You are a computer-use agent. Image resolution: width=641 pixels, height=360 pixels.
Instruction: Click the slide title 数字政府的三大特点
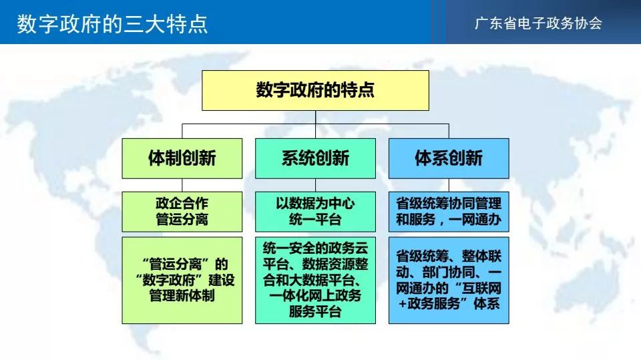[x=112, y=24]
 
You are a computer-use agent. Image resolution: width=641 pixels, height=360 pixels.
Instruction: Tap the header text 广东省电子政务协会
[x=538, y=23]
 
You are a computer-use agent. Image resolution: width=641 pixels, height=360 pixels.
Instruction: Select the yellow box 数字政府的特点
[x=315, y=90]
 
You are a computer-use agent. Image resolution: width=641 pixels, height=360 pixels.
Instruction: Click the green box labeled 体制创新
[x=182, y=158]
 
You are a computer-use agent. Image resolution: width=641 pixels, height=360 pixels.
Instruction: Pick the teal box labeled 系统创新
[x=315, y=158]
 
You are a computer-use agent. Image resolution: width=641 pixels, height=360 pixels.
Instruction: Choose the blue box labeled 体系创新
[x=449, y=158]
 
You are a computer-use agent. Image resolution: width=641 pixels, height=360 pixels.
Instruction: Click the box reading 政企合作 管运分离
[x=182, y=212]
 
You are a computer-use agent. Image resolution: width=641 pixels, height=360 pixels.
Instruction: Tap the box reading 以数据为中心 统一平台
[x=315, y=212]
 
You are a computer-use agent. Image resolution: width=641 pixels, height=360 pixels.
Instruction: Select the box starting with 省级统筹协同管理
[x=449, y=212]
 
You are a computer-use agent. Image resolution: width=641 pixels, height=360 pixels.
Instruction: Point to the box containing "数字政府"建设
[x=182, y=281]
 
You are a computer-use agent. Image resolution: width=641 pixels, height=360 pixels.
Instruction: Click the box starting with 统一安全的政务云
[x=315, y=281]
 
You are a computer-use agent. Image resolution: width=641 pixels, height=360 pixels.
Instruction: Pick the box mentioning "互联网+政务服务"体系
[x=449, y=281]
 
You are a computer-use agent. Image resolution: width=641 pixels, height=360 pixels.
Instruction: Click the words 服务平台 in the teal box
[x=315, y=312]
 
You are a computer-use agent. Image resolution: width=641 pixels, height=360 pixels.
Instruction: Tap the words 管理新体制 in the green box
[x=182, y=295]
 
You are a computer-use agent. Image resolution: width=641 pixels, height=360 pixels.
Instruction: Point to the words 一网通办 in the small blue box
[x=475, y=220]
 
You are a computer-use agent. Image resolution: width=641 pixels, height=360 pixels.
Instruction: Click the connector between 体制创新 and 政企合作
[x=182, y=185]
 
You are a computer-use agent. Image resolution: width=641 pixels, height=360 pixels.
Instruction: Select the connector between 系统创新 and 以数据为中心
[x=316, y=185]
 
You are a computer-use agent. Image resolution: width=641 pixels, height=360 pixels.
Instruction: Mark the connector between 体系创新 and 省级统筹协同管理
[x=449, y=185]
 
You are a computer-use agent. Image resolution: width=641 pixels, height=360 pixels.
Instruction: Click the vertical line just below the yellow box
[x=316, y=117]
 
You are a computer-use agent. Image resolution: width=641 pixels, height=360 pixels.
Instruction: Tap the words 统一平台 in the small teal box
[x=315, y=220]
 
